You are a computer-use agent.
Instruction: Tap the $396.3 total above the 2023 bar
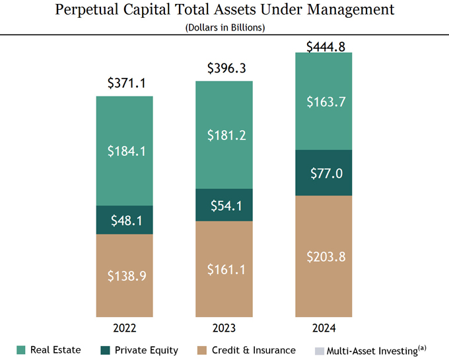point(224,68)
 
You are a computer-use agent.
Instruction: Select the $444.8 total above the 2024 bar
point(324,47)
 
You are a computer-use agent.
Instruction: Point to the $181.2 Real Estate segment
point(224,135)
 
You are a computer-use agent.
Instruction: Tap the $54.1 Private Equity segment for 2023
point(224,205)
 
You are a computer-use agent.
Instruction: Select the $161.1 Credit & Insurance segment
point(224,269)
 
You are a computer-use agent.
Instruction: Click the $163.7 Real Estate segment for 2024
point(324,102)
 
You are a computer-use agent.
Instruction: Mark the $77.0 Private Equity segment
point(324,173)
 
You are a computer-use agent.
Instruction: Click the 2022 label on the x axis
point(125,328)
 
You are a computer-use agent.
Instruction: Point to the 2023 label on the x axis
point(224,328)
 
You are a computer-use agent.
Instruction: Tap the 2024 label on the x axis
point(324,328)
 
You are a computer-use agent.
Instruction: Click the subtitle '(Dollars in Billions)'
point(224,27)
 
